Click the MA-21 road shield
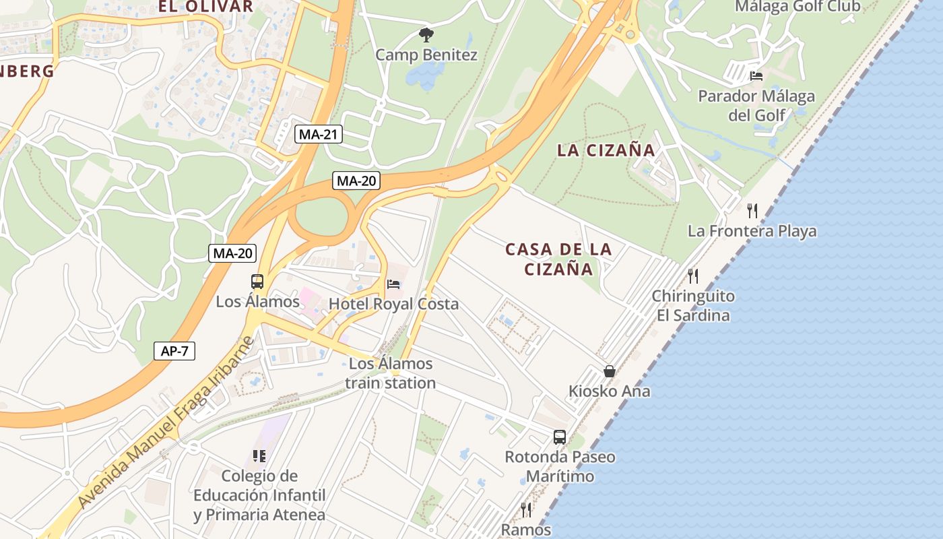pyautogui.click(x=318, y=134)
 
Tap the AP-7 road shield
pyautogui.click(x=174, y=351)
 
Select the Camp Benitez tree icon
pyautogui.click(x=426, y=34)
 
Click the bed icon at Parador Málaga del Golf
pyautogui.click(x=756, y=75)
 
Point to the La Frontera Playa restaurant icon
pyautogui.click(x=752, y=211)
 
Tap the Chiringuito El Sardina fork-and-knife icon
pyautogui.click(x=692, y=276)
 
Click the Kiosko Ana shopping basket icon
pyautogui.click(x=610, y=371)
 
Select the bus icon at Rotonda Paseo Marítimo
pyautogui.click(x=559, y=437)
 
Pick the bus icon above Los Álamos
pyautogui.click(x=257, y=281)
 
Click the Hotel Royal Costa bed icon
pyautogui.click(x=393, y=284)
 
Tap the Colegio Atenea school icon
pyautogui.click(x=259, y=456)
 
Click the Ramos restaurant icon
pyautogui.click(x=526, y=509)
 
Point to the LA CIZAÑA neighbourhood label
pyautogui.click(x=606, y=150)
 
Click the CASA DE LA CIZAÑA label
pyautogui.click(x=558, y=259)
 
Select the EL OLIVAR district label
pyautogui.click(x=205, y=7)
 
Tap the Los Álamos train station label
pyautogui.click(x=391, y=373)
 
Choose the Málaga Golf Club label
pyautogui.click(x=797, y=7)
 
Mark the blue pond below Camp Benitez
pyautogui.click(x=421, y=76)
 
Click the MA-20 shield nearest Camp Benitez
pyautogui.click(x=356, y=181)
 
